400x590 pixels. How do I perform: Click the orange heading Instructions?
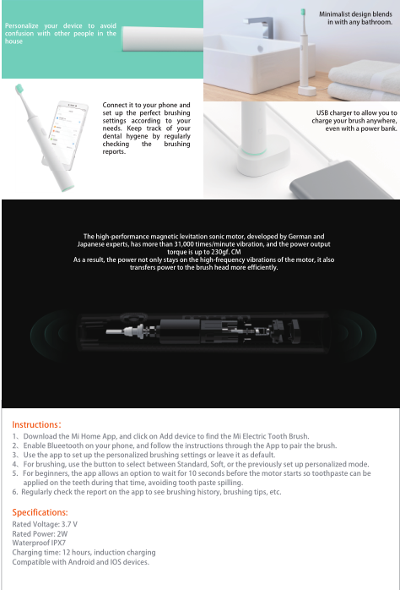pos(36,424)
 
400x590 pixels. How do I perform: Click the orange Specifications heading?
pos(40,512)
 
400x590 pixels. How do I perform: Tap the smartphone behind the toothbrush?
pos(68,132)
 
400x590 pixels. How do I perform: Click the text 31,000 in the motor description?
pos(184,244)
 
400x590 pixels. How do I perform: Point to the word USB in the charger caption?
pos(322,113)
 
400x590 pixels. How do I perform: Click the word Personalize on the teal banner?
pos(21,26)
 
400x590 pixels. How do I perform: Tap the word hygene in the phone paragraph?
pos(137,137)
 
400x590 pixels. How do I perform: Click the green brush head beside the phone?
pos(19,89)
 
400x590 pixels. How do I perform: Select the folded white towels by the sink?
pos(364,79)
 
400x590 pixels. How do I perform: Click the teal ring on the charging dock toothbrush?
pos(254,152)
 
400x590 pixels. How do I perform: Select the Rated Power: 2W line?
pos(40,533)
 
